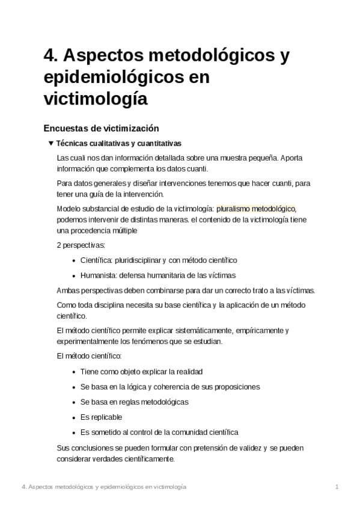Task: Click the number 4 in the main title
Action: [49, 57]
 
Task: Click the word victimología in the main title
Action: [96, 98]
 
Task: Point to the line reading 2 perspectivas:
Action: [81, 245]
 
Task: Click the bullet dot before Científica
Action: [73, 260]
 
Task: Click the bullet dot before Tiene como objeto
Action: [73, 372]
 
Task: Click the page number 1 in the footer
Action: [338, 486]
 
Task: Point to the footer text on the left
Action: [103, 486]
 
